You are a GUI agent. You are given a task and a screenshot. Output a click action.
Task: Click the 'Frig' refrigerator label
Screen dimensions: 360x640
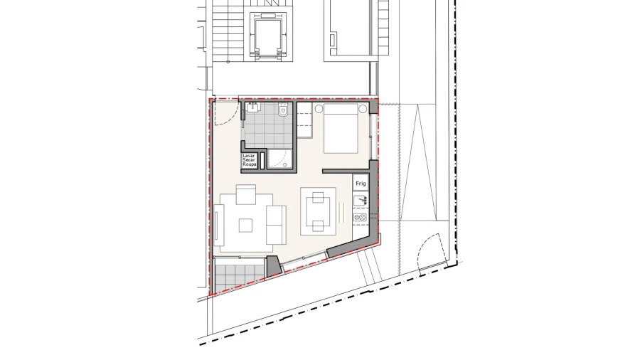(x=361, y=183)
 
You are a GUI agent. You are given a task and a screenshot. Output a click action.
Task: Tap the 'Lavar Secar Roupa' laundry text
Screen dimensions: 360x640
(x=249, y=159)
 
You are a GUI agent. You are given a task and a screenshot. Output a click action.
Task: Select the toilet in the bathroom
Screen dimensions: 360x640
(x=283, y=110)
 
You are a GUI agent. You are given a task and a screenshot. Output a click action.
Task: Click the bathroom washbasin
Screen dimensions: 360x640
(x=253, y=108)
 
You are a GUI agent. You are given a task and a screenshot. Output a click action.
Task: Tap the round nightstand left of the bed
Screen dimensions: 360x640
(x=320, y=109)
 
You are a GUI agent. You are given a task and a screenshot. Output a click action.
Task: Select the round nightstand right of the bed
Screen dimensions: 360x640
(x=363, y=109)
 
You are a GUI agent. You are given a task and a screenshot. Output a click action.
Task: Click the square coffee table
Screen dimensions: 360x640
(x=245, y=225)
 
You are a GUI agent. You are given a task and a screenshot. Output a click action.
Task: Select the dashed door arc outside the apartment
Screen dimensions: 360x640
(x=430, y=253)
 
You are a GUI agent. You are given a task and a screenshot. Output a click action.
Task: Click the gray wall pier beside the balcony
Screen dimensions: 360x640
(x=272, y=266)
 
